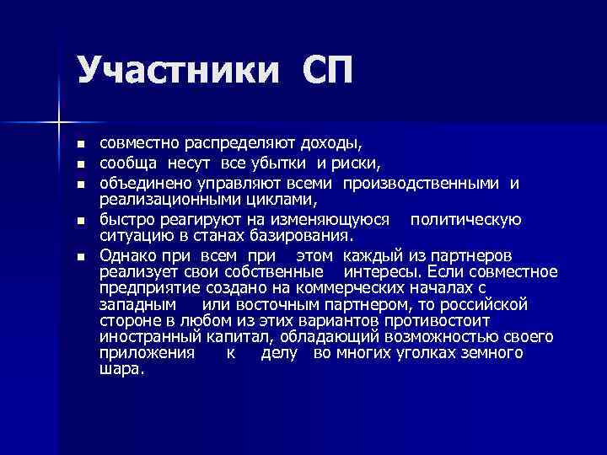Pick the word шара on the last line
click(x=121, y=369)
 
